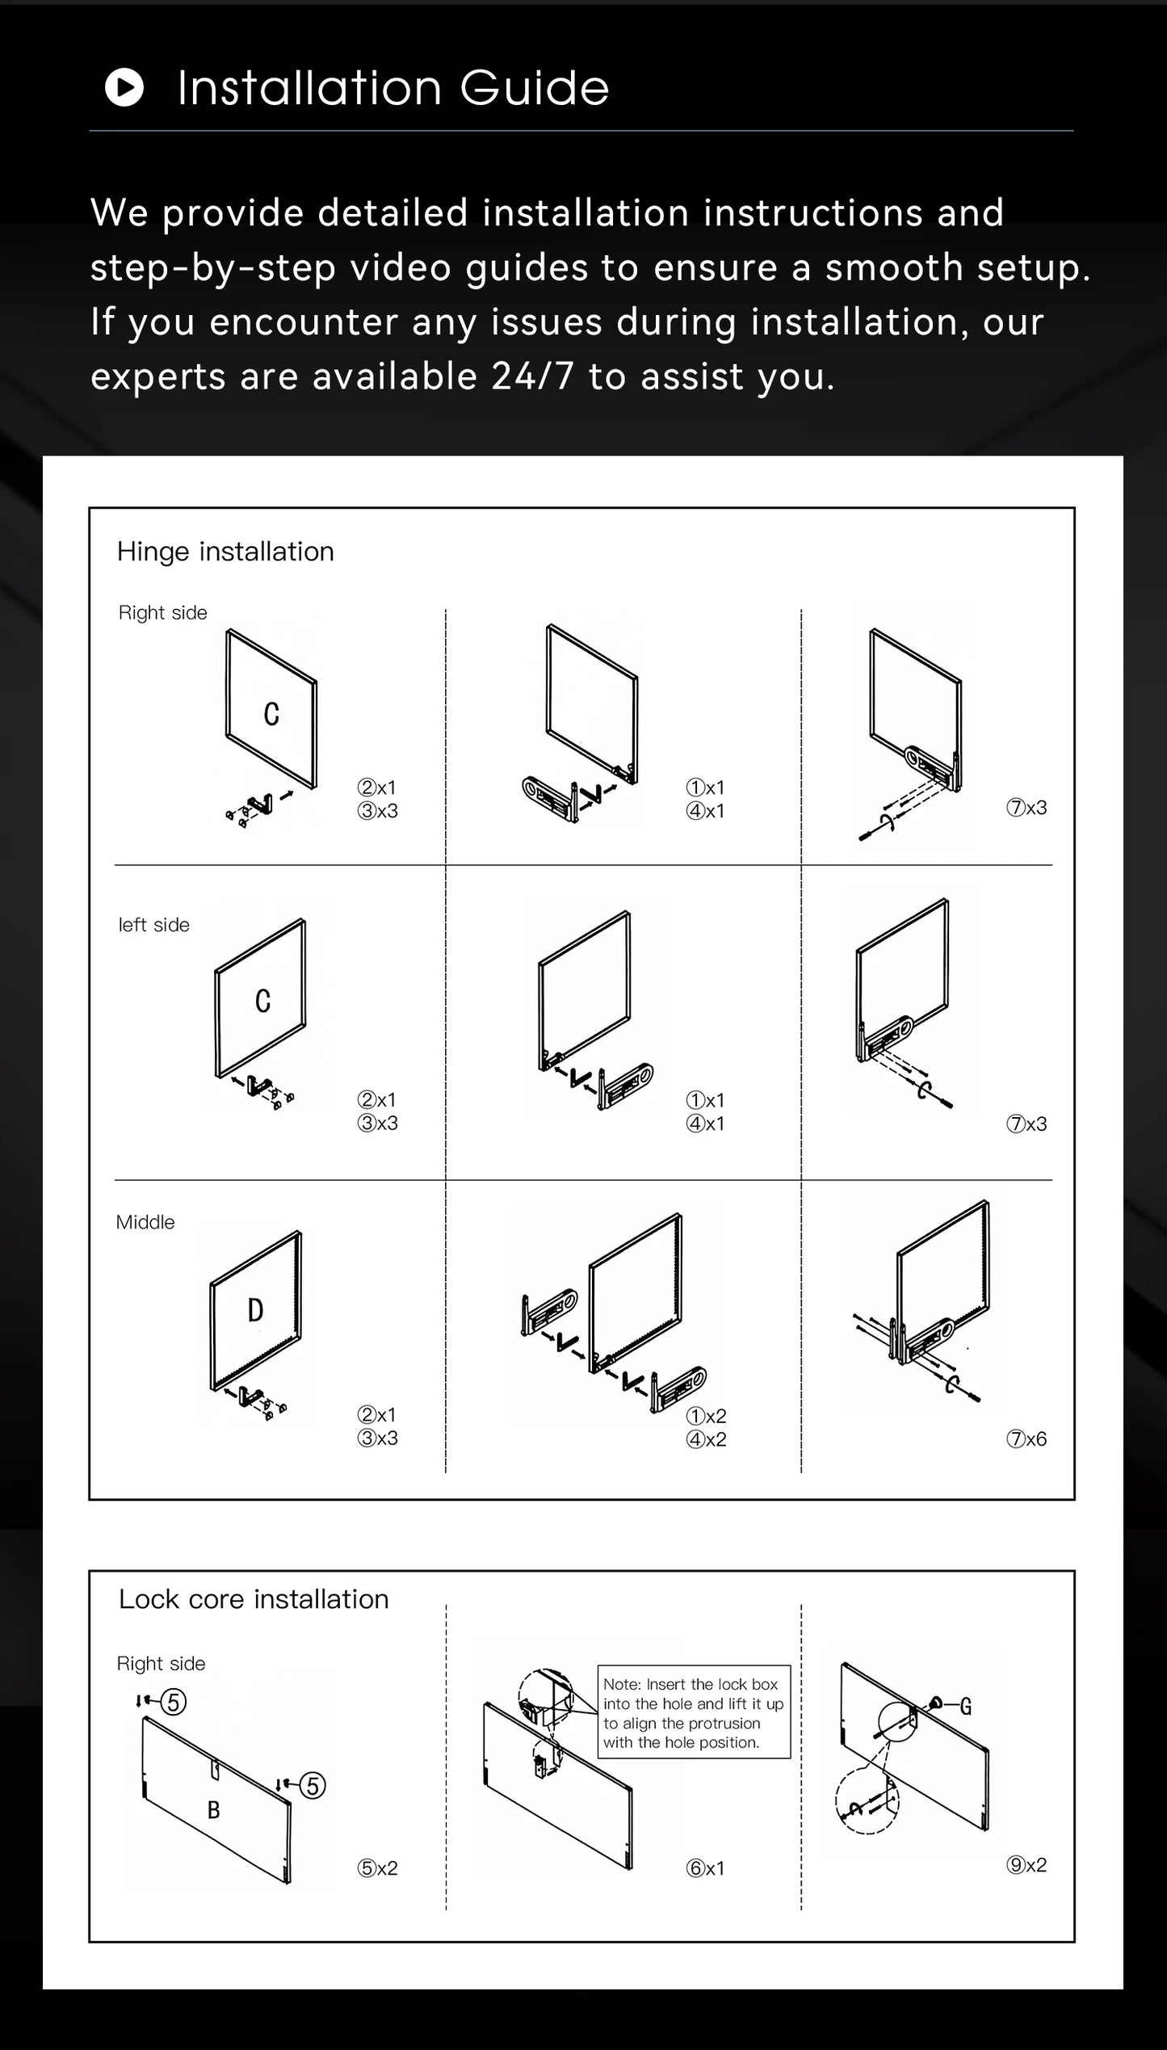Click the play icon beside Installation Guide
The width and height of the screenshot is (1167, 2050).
click(124, 87)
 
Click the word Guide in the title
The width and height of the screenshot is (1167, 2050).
click(534, 87)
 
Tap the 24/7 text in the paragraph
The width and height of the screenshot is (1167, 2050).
click(533, 376)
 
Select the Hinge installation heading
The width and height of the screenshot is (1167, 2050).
click(225, 552)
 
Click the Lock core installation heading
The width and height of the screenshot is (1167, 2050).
click(254, 1598)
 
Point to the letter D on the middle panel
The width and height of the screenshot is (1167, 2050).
click(255, 1310)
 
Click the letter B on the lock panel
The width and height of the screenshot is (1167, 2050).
click(214, 1810)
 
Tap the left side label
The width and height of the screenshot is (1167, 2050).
click(153, 925)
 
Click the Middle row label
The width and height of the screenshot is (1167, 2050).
click(145, 1222)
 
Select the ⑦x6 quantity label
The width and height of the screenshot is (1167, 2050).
click(1026, 1439)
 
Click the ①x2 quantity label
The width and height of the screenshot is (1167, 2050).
click(706, 1416)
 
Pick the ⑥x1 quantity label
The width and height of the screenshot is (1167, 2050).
click(705, 1868)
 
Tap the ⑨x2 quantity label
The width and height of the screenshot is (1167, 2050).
click(1026, 1865)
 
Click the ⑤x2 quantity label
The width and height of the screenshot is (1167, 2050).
click(377, 1868)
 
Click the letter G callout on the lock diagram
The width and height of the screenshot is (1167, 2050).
click(965, 1707)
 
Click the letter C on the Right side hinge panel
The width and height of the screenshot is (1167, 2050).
click(272, 714)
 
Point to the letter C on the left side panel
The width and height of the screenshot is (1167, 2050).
click(263, 1002)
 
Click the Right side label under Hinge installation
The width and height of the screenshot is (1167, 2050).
click(162, 613)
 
